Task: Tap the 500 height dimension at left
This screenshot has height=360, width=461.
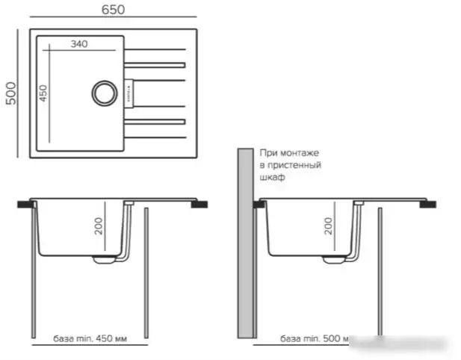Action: pyautogui.click(x=10, y=93)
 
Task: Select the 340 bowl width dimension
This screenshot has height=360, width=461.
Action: pyautogui.click(x=79, y=44)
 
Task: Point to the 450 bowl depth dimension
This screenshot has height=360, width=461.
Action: pyautogui.click(x=43, y=93)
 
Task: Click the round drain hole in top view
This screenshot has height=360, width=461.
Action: pyautogui.click(x=103, y=93)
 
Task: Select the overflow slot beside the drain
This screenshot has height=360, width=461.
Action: pyautogui.click(x=128, y=93)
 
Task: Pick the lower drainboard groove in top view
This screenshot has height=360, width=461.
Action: pyautogui.click(x=155, y=120)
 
